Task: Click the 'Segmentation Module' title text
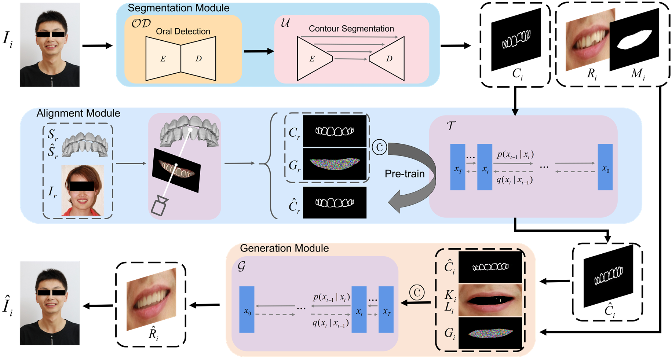pyautogui.click(x=178, y=8)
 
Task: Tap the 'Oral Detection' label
pyautogui.click(x=183, y=32)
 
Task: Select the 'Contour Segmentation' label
pyautogui.click(x=351, y=29)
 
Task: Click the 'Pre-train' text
pyautogui.click(x=405, y=174)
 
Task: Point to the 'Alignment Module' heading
pyautogui.click(x=78, y=113)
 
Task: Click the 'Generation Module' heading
pyautogui.click(x=284, y=248)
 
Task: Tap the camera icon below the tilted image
pyautogui.click(x=160, y=206)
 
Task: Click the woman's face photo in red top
pyautogui.click(x=83, y=191)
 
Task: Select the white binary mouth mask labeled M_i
pyautogui.click(x=635, y=40)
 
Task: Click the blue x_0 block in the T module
pyautogui.click(x=605, y=167)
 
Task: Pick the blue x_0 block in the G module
pyautogui.click(x=247, y=310)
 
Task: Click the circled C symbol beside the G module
pyautogui.click(x=417, y=293)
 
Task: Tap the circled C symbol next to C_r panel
pyautogui.click(x=380, y=147)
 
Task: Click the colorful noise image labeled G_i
pyautogui.click(x=490, y=333)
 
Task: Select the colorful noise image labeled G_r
pyautogui.click(x=335, y=164)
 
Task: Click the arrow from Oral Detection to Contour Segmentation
pyautogui.click(x=258, y=51)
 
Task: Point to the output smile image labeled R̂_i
pyautogui.click(x=151, y=299)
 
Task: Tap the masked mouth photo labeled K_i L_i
pyautogui.click(x=490, y=300)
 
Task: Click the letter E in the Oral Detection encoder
pyautogui.click(x=163, y=59)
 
